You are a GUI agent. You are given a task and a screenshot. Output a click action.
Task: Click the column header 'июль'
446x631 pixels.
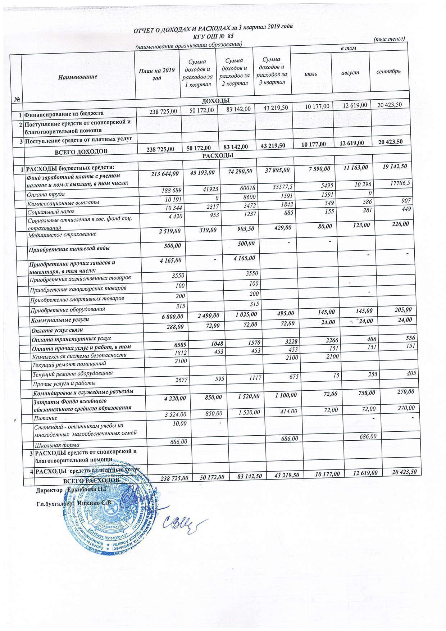(x=311, y=73)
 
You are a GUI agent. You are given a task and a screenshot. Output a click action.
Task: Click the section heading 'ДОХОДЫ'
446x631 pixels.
(x=216, y=100)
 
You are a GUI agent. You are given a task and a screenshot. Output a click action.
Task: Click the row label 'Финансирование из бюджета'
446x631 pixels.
(x=64, y=114)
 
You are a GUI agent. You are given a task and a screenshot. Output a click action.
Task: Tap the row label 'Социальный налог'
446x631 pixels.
(x=46, y=211)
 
